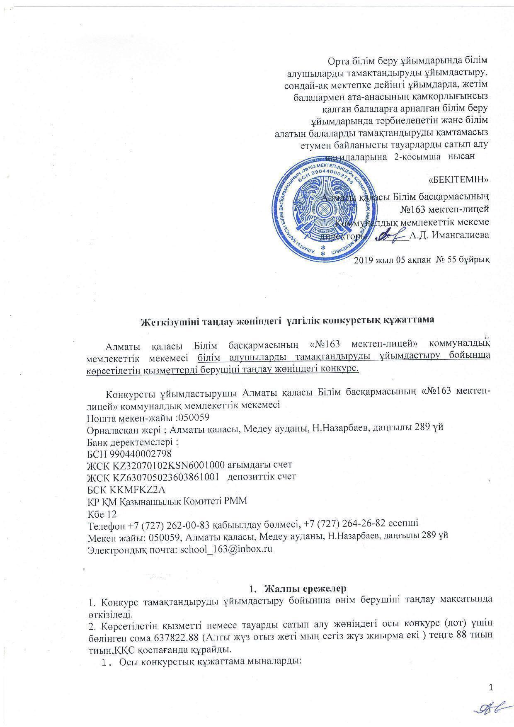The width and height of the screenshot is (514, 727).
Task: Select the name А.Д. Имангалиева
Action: (449, 235)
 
